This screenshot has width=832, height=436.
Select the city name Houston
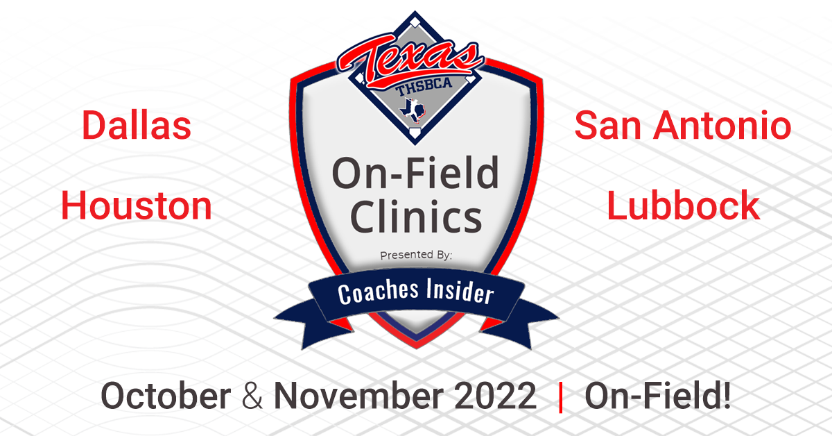point(137,206)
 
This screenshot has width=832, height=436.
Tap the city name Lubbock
point(683,206)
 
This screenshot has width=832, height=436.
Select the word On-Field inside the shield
point(415,174)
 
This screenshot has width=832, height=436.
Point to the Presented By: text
point(416,256)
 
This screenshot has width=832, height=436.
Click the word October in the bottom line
point(166,397)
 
